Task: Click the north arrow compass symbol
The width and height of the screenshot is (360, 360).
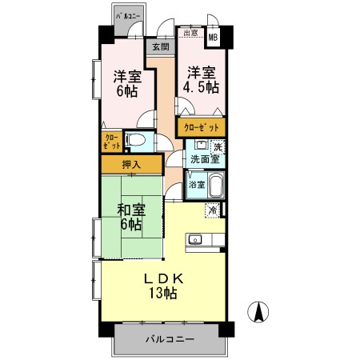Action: pos(260,312)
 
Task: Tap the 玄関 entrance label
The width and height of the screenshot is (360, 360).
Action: pos(161,47)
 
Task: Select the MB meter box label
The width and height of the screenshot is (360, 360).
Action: pos(214,35)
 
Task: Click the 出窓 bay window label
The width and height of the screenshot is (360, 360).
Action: pos(190,34)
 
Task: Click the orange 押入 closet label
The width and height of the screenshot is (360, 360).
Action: pos(131,165)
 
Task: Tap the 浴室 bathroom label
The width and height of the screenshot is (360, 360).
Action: pos(195,185)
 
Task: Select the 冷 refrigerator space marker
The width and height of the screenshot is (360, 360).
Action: pos(213,210)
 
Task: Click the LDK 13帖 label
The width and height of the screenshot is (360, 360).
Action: pos(164,285)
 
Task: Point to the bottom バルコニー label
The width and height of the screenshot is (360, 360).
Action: pos(170,340)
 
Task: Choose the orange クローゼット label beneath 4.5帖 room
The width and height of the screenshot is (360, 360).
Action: pos(201,127)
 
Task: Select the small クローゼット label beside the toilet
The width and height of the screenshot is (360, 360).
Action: pos(111,143)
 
